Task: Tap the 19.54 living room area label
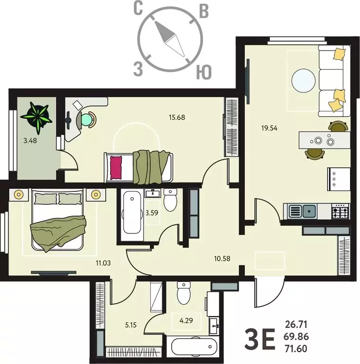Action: (x=270, y=127)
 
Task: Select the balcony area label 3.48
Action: (x=30, y=140)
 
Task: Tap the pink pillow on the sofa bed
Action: (x=116, y=167)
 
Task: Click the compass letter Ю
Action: (x=204, y=72)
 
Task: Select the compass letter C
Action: (x=138, y=9)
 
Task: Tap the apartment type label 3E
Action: (x=258, y=338)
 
